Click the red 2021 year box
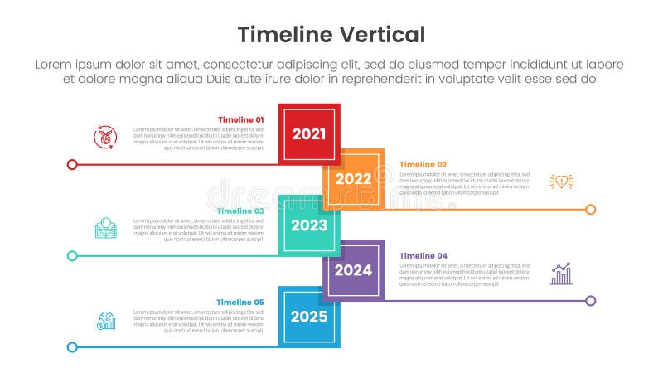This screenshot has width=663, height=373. coord(309,134)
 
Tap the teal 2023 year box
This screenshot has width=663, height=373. coord(309,225)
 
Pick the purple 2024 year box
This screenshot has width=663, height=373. coord(354,269)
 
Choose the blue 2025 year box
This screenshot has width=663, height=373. coord(309,316)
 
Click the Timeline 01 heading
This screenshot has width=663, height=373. coord(240,119)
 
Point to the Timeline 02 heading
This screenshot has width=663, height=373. coord(423,165)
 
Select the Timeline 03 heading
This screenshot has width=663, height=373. coord(240,211)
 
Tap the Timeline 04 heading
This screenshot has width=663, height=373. coord(423,256)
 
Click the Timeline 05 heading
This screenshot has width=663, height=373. coord(240,302)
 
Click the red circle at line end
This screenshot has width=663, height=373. coord(72,164)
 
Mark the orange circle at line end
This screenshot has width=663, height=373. coord(590,209)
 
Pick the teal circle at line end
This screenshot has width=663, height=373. coord(72,255)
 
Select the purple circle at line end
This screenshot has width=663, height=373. coord(590,300)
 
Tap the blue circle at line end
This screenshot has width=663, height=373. coord(72,347)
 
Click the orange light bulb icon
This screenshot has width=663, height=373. coord(561,182)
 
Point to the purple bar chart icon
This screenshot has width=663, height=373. coord(561,274)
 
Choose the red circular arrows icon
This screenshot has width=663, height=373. coord(105,137)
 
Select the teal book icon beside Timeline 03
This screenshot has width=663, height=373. coord(105,228)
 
